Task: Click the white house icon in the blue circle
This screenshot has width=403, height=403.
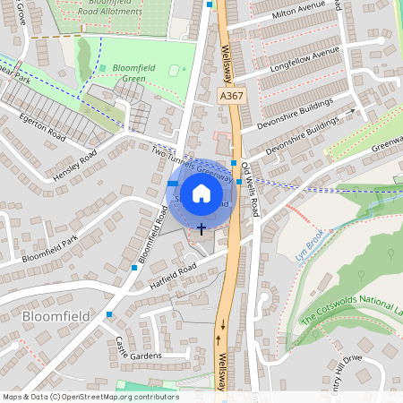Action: (201, 193)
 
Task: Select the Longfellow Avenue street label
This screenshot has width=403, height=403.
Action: (304, 56)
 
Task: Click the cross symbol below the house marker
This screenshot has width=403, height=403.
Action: (201, 228)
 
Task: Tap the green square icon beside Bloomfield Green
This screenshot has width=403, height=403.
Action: (102, 67)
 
